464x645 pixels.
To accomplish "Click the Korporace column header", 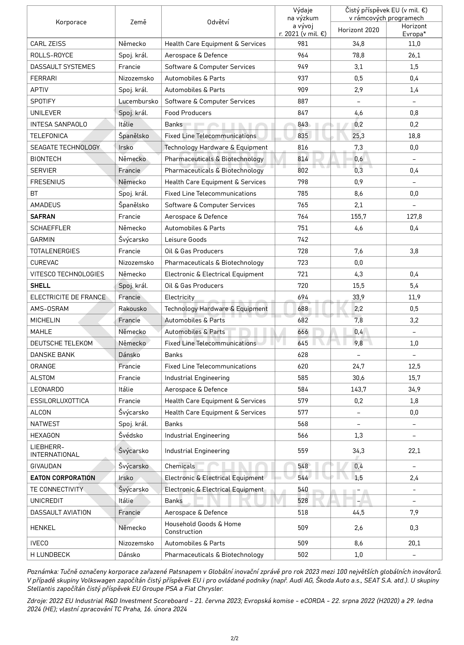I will coord(71,22).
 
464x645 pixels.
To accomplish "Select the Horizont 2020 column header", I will coord(358,30).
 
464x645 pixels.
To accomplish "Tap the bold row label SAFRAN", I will coord(43,216).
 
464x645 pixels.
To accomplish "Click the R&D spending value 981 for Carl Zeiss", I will coord(303,44).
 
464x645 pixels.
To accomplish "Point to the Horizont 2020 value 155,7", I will coord(358,216).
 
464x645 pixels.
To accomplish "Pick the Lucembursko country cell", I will coord(138,101).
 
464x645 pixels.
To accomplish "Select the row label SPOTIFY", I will coord(43,101).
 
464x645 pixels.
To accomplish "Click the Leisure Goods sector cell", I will coord(186,240).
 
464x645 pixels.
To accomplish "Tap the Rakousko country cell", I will coord(132,309).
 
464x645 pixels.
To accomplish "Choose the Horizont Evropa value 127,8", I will coord(414,216).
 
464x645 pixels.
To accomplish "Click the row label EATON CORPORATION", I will coord(63,478).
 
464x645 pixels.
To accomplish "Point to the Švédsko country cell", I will coord(131,435).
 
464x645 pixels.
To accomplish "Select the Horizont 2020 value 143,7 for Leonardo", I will coord(358,389).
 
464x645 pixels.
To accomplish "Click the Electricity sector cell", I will coord(180,297).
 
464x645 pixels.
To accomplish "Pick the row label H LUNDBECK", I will coord(50,555).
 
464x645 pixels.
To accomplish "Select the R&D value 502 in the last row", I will coord(303,555).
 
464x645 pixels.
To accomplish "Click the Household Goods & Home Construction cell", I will coord(203,528).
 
